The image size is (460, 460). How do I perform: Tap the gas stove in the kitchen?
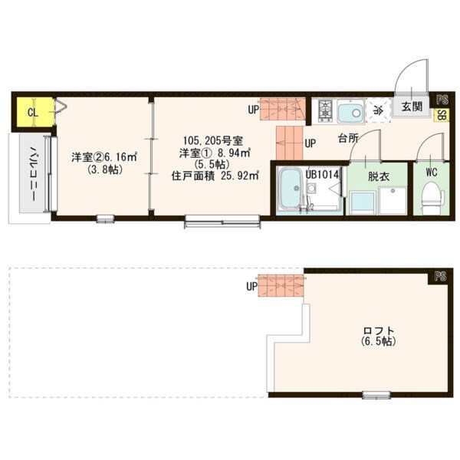(x=325, y=111)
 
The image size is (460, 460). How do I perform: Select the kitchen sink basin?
(x=350, y=111)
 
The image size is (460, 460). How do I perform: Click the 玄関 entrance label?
(x=412, y=107)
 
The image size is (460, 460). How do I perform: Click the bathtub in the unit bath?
(x=290, y=189)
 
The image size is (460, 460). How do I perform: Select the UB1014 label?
(x=322, y=175)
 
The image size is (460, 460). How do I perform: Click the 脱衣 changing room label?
(x=379, y=176)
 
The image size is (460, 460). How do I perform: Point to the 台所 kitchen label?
(x=348, y=138)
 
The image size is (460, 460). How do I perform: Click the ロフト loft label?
(x=379, y=330)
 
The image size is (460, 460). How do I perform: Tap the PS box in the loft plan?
(x=440, y=277)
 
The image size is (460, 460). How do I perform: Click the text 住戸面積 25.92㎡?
(x=215, y=176)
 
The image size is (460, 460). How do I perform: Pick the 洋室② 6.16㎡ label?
(x=104, y=157)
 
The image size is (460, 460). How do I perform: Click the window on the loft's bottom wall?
(x=376, y=395)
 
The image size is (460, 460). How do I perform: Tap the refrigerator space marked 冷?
(x=379, y=110)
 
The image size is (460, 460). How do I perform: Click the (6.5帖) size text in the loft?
(x=379, y=341)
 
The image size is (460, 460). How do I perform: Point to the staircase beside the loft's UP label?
(x=281, y=285)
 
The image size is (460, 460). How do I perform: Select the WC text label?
(x=432, y=172)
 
